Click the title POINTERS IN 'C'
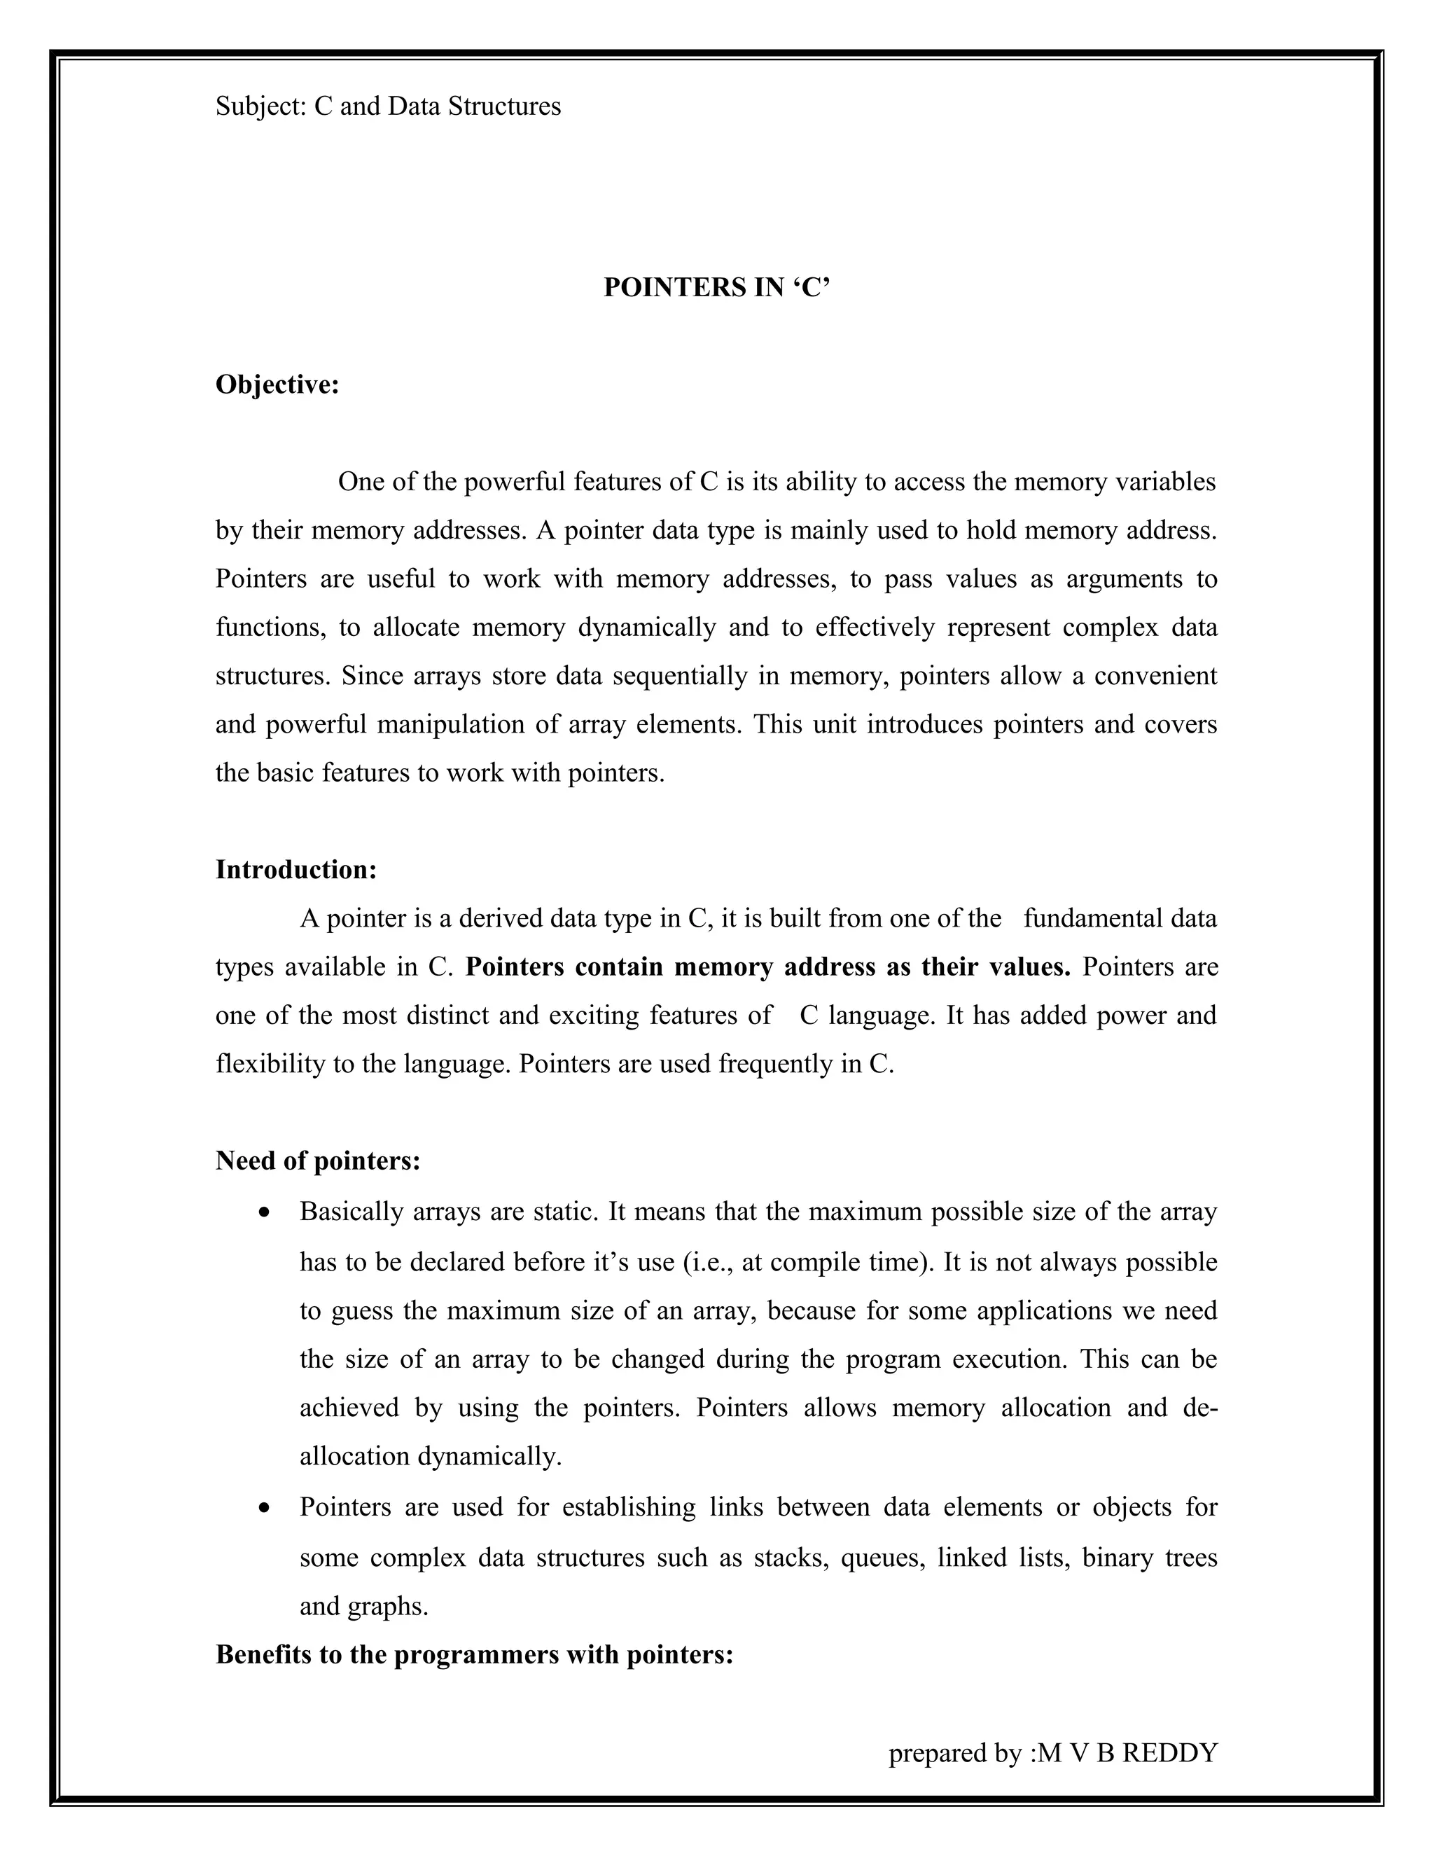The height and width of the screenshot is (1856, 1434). tap(716, 288)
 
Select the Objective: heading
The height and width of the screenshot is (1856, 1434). tap(277, 385)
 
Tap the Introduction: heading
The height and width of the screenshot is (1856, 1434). tap(295, 869)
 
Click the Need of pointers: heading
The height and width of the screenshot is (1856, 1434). tap(318, 1160)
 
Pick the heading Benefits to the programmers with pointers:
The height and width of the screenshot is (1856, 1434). tap(474, 1654)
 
